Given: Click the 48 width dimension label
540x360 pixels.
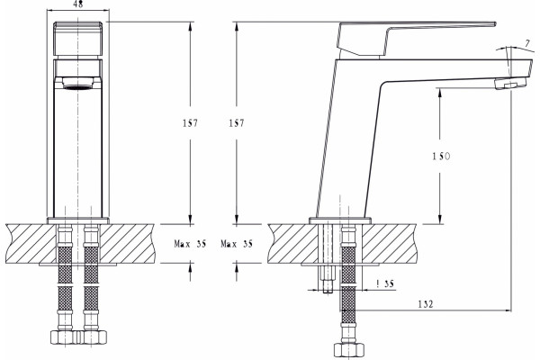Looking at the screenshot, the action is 79,4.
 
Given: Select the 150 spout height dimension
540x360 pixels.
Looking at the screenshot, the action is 441,157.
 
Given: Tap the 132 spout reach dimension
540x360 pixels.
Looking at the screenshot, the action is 426,304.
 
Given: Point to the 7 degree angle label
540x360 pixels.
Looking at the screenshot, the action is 527,44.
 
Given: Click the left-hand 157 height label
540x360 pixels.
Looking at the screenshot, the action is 190,123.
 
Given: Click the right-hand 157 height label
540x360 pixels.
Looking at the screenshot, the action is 237,123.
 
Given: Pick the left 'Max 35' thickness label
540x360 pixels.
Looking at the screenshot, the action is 190,244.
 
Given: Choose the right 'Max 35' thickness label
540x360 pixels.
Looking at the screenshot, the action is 237,244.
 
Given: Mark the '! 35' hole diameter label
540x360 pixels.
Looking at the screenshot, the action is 385,283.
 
